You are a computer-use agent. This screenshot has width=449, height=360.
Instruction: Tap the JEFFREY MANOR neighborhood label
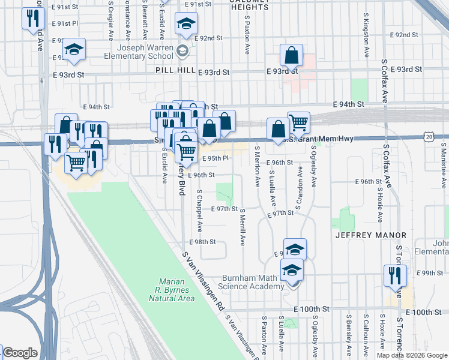point(370,235)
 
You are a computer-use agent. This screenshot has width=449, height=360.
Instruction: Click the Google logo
point(19,353)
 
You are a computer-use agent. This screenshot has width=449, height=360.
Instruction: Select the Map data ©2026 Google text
point(411,355)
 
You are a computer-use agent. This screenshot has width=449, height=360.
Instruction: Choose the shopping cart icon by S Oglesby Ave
point(298,123)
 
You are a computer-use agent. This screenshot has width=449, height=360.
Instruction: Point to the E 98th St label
point(202,242)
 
